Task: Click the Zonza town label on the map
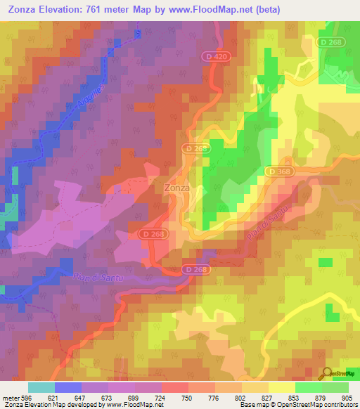pyautogui.click(x=176, y=188)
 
